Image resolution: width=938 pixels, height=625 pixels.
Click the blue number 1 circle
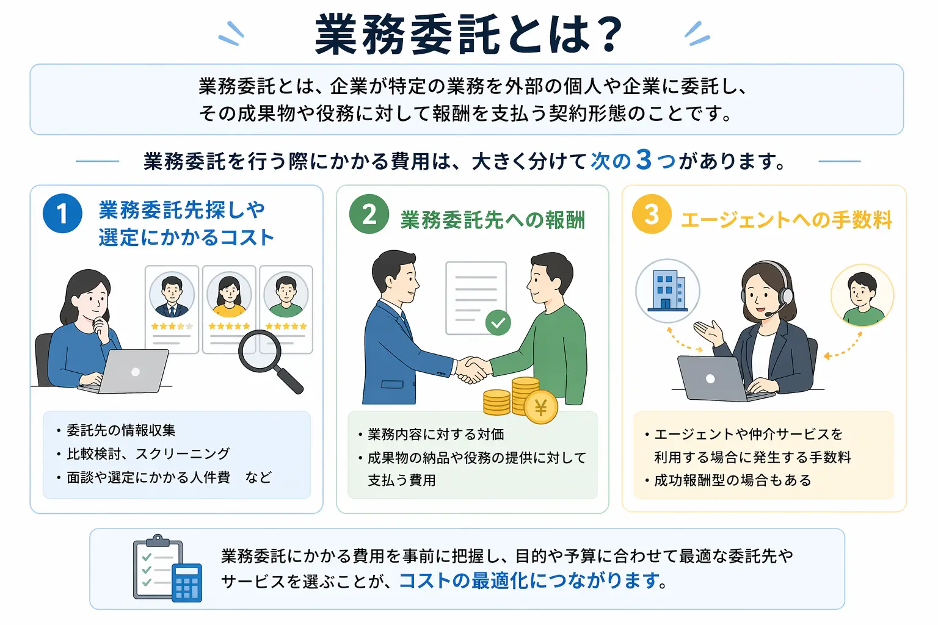(62, 214)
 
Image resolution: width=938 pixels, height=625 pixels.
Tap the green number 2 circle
(369, 214)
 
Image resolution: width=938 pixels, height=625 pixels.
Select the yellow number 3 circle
(652, 214)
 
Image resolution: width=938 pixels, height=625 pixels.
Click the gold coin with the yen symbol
(540, 407)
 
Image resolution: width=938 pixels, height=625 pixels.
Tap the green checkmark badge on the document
(498, 322)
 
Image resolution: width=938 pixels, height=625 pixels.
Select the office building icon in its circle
(667, 291)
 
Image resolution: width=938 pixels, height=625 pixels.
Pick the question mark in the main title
(609, 35)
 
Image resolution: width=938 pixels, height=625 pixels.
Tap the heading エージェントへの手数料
(787, 220)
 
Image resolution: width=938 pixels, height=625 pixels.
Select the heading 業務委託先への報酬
(492, 220)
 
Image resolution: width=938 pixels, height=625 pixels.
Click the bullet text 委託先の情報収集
(121, 430)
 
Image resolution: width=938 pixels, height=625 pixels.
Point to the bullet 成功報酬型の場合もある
(732, 480)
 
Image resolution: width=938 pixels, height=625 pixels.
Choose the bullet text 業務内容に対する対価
(435, 435)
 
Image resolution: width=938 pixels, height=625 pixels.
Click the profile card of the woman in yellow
(229, 309)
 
